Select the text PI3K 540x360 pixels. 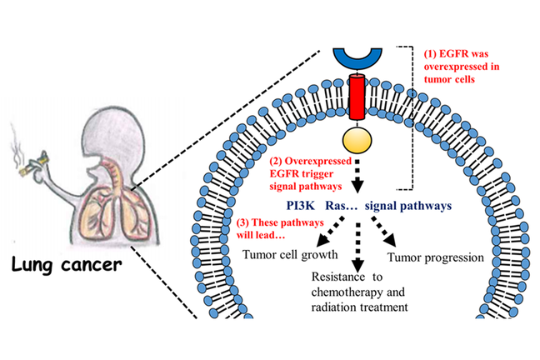tap(296, 202)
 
